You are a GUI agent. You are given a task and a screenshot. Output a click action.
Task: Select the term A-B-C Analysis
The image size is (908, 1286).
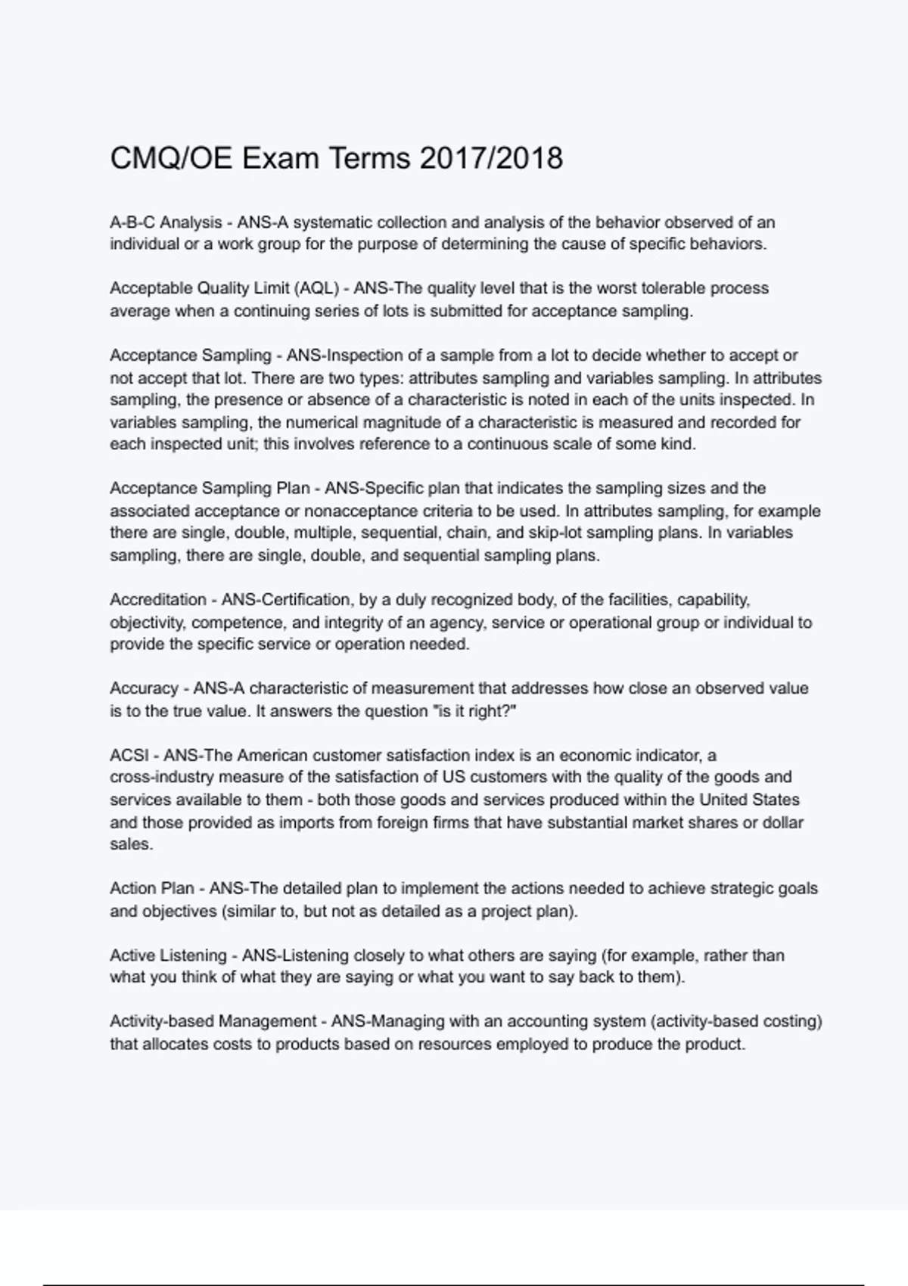pos(166,222)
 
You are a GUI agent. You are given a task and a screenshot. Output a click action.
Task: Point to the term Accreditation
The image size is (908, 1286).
pos(157,600)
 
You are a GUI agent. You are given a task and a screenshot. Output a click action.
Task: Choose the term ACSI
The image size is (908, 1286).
pos(129,755)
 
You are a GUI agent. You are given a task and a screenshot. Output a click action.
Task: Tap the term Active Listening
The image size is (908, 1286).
pos(168,955)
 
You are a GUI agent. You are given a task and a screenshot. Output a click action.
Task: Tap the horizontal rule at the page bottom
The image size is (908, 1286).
pos(453,1284)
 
